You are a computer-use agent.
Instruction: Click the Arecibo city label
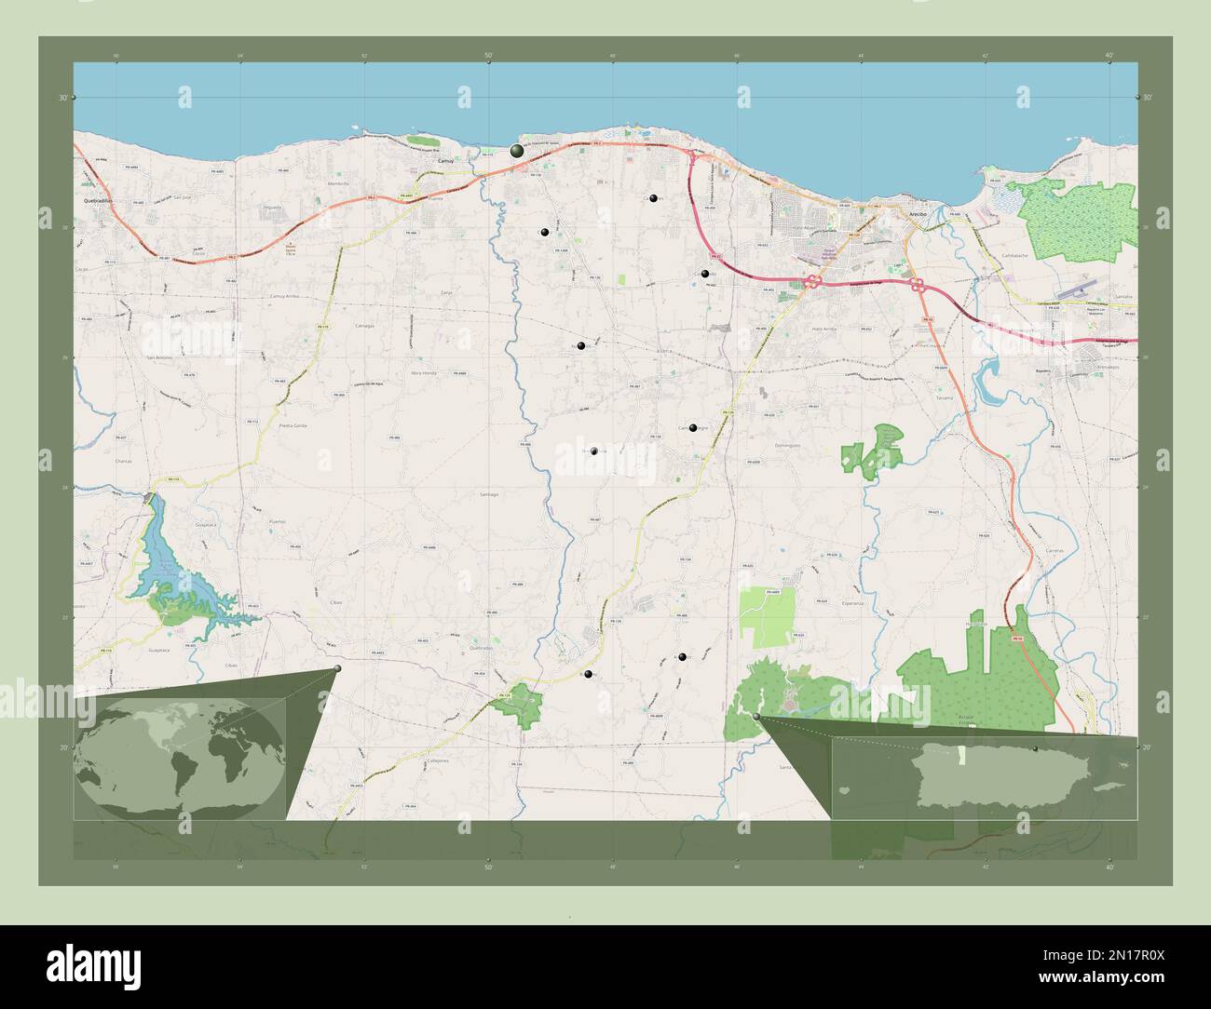(x=918, y=214)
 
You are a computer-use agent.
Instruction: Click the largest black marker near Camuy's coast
(x=516, y=151)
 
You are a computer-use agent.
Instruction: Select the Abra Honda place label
(x=424, y=372)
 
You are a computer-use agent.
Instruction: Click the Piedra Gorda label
(x=293, y=424)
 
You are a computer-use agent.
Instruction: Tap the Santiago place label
(x=489, y=494)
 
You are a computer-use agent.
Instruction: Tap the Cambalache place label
(x=1018, y=254)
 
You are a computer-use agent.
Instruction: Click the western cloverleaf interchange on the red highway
(x=812, y=281)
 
